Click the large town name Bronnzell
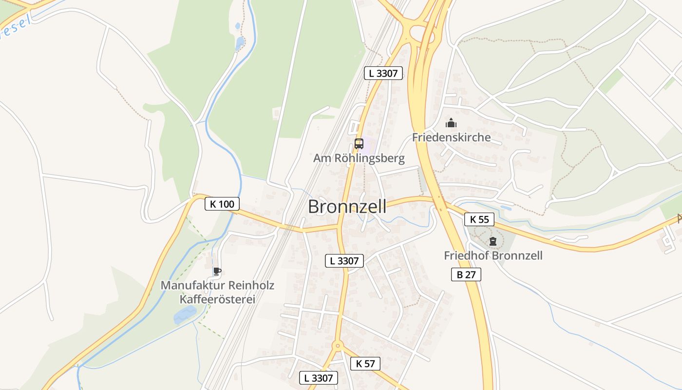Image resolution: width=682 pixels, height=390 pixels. click(347, 207)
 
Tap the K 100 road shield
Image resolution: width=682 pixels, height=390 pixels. click(222, 204)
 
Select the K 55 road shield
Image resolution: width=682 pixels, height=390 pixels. click(479, 219)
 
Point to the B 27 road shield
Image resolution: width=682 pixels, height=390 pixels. click(466, 274)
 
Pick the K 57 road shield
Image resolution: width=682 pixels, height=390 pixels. click(365, 363)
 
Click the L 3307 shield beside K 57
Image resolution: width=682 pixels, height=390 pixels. click(319, 377)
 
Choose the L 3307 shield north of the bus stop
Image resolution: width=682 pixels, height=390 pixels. click(383, 74)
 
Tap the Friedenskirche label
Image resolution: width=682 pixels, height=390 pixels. click(451, 137)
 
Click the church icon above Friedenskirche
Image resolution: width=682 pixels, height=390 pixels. click(451, 123)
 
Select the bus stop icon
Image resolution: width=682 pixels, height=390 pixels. click(359, 143)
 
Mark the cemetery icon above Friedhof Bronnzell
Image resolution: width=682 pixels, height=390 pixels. click(493, 241)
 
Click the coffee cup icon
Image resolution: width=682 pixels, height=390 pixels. click(217, 272)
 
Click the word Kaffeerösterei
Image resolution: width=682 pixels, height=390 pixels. click(217, 299)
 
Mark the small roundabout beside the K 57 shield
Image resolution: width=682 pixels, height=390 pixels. click(337, 346)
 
